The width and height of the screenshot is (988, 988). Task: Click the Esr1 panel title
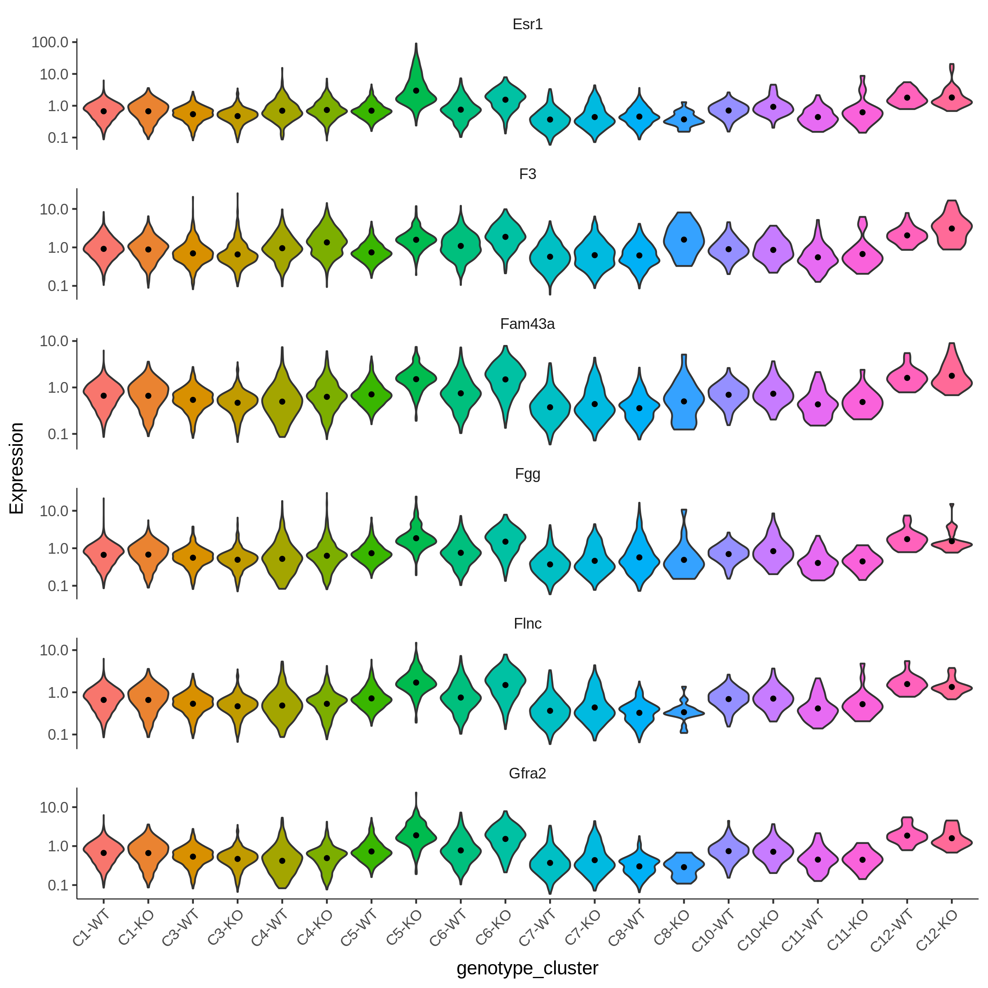click(x=527, y=25)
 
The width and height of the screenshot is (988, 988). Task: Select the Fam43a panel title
click(x=527, y=324)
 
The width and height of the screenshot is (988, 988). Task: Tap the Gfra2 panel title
click(x=527, y=773)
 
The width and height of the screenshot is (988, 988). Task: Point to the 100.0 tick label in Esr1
click(x=50, y=42)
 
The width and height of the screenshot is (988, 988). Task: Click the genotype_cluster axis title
click(x=527, y=968)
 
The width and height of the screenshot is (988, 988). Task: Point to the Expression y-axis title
click(x=17, y=468)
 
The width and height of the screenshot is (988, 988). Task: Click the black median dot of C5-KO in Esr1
click(x=416, y=91)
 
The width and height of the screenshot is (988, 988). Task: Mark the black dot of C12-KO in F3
click(x=952, y=228)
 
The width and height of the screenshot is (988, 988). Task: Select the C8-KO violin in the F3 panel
click(x=684, y=239)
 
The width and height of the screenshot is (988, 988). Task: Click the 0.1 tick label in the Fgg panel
click(x=58, y=586)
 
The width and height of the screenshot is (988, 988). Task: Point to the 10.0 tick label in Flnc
click(x=54, y=650)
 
